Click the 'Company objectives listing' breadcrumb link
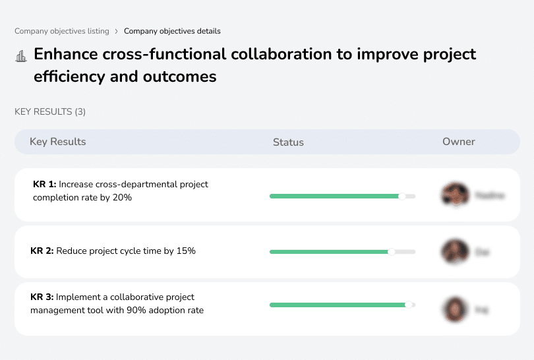pos(62,31)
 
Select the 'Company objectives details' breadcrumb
pos(172,31)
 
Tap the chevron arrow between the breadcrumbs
pos(117,31)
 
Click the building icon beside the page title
pos(21,56)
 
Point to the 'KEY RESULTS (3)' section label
pos(50,112)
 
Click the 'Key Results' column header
pos(57,142)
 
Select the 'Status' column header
pos(288,142)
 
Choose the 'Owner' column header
pos(459,142)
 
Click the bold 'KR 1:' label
pos(45,185)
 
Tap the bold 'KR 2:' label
pos(42,251)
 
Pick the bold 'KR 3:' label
pos(42,297)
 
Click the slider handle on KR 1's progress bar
pos(402,196)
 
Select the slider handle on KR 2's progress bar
pos(392,251)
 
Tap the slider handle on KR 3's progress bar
pos(409,305)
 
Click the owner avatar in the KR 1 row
pos(455,195)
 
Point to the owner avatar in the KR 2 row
pos(455,251)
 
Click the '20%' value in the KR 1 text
pos(123,197)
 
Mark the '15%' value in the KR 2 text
pos(187,251)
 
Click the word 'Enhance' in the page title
pos(65,54)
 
